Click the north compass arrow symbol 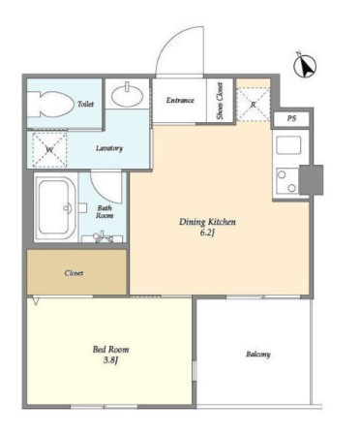click(305, 65)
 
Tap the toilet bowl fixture click(50, 105)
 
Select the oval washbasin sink click(127, 94)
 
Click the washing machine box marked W click(49, 150)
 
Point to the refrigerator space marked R click(254, 105)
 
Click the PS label click(291, 118)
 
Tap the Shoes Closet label click(220, 101)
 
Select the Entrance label click(180, 100)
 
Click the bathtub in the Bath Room click(55, 207)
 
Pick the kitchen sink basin click(288, 145)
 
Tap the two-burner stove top click(287, 181)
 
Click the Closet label click(74, 273)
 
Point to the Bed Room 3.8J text click(110, 355)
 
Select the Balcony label click(258, 355)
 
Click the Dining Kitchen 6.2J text click(207, 227)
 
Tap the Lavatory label click(109, 148)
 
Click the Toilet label click(85, 104)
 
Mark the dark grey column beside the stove click(312, 179)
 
